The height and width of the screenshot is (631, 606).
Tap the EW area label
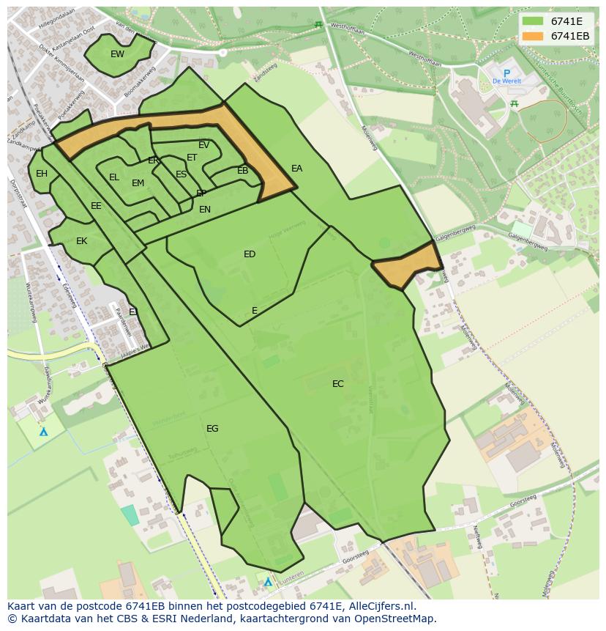tap(117, 54)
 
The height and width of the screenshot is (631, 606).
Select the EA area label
tap(296, 169)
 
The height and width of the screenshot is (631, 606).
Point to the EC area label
tap(337, 384)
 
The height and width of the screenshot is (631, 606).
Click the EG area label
tap(212, 429)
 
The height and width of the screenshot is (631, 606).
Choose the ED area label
tap(250, 254)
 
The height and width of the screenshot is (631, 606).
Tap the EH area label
tap(42, 174)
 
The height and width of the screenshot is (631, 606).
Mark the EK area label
tap(81, 241)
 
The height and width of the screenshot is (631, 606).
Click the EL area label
tap(113, 177)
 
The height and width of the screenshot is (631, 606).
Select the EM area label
tap(138, 183)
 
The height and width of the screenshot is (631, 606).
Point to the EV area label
tap(203, 145)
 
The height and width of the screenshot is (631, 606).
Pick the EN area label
tap(205, 210)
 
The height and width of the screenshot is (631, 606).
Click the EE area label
tap(96, 206)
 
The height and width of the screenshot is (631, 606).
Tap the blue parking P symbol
tap(506, 73)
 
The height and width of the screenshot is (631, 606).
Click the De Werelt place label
tap(506, 81)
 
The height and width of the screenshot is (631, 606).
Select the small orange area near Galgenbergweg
tap(407, 265)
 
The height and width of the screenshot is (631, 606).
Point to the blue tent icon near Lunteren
tap(268, 582)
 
